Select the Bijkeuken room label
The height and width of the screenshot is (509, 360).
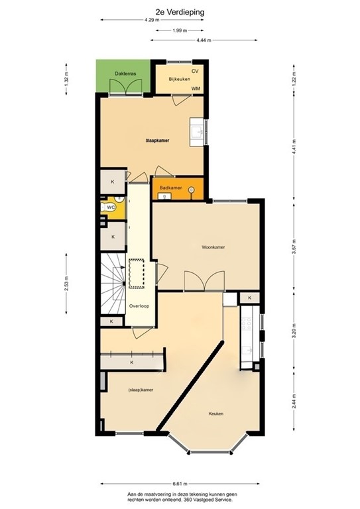click(x=178, y=80)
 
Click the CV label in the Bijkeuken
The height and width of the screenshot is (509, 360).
click(x=195, y=71)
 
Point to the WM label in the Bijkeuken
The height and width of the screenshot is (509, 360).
click(x=196, y=88)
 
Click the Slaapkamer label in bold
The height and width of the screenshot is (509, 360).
click(x=156, y=141)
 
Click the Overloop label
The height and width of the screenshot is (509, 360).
click(x=139, y=306)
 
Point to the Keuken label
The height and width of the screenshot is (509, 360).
click(x=215, y=414)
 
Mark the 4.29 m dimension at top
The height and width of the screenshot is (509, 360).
click(x=152, y=21)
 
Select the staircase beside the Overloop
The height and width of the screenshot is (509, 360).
click(x=113, y=284)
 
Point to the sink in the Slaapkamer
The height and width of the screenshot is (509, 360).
click(x=197, y=131)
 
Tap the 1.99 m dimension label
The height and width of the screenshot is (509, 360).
click(x=179, y=30)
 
